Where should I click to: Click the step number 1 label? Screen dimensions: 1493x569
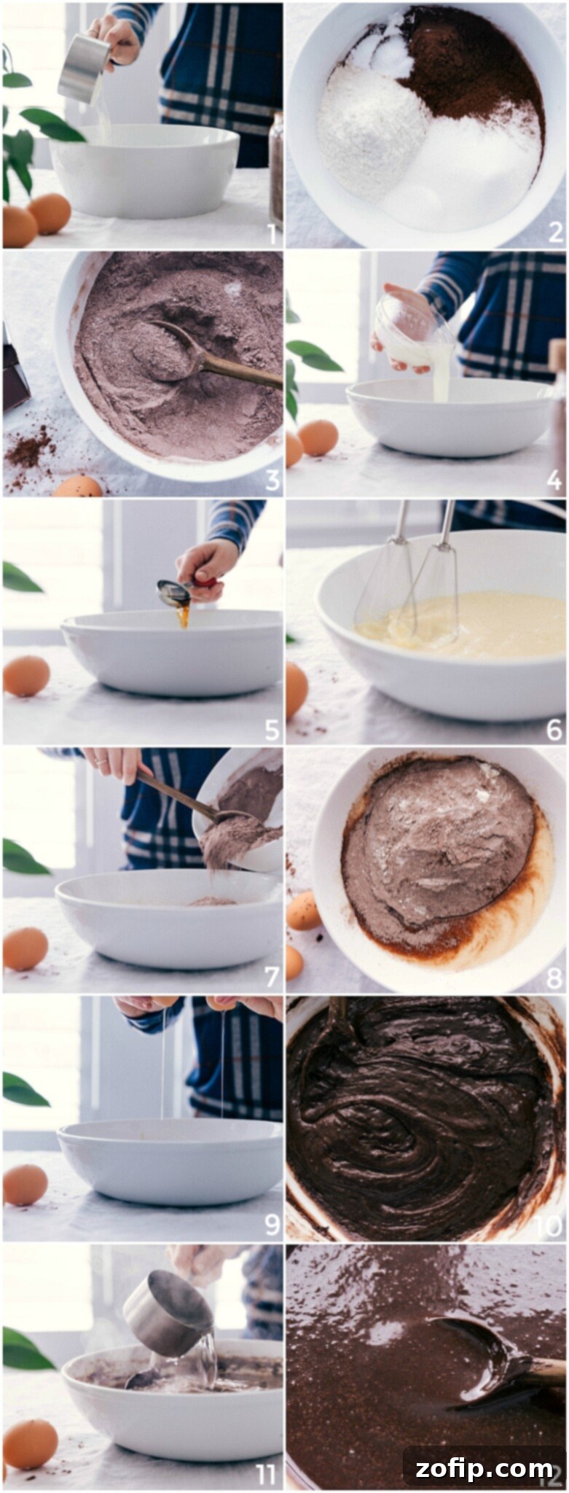pyautogui.click(x=271, y=234)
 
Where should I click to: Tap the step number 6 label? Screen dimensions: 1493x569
pyautogui.click(x=554, y=730)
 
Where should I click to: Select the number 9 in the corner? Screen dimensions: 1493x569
pyautogui.click(x=271, y=1225)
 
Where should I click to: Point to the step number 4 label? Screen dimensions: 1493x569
pyautogui.click(x=554, y=481)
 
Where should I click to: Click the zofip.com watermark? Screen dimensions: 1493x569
pyautogui.click(x=484, y=1467)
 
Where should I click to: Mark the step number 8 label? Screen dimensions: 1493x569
pyautogui.click(x=554, y=978)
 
